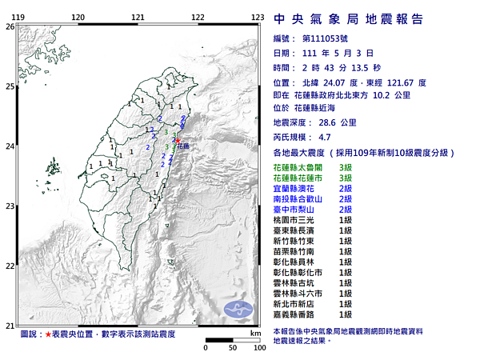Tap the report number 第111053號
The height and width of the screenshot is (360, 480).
pos(330,38)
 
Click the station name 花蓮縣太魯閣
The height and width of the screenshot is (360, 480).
pos(299,166)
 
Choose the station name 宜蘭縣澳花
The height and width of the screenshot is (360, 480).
pos(294,187)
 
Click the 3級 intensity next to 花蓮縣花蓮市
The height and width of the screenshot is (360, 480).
pos(346,177)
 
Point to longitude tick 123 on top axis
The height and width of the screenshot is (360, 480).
pos(258,17)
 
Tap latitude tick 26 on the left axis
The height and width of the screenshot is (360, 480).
pos(10,26)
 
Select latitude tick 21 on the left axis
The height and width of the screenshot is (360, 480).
pos(10,325)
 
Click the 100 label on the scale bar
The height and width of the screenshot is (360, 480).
pos(258,349)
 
